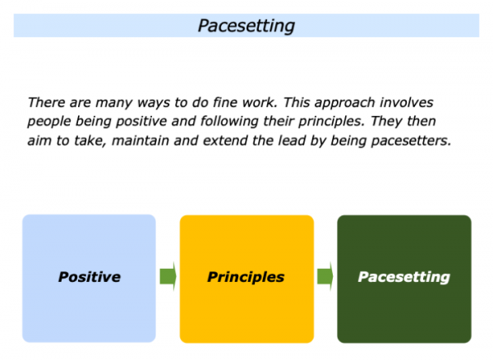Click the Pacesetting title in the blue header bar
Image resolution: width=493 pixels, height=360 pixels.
coord(246,25)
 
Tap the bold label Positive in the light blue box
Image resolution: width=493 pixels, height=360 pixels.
coord(90,277)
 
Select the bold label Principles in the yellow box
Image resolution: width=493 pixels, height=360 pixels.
coord(246,277)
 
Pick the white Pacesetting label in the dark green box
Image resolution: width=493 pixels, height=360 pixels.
coord(404,277)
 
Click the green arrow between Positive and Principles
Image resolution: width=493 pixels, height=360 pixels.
coord(168,277)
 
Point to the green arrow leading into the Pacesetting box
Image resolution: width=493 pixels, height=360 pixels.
coord(325,277)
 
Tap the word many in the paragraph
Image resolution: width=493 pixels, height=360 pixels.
coord(114,104)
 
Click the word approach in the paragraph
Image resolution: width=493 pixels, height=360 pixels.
coord(345,104)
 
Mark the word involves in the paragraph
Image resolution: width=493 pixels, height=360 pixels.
coord(407,103)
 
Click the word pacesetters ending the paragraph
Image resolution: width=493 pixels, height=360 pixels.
coord(411,141)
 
